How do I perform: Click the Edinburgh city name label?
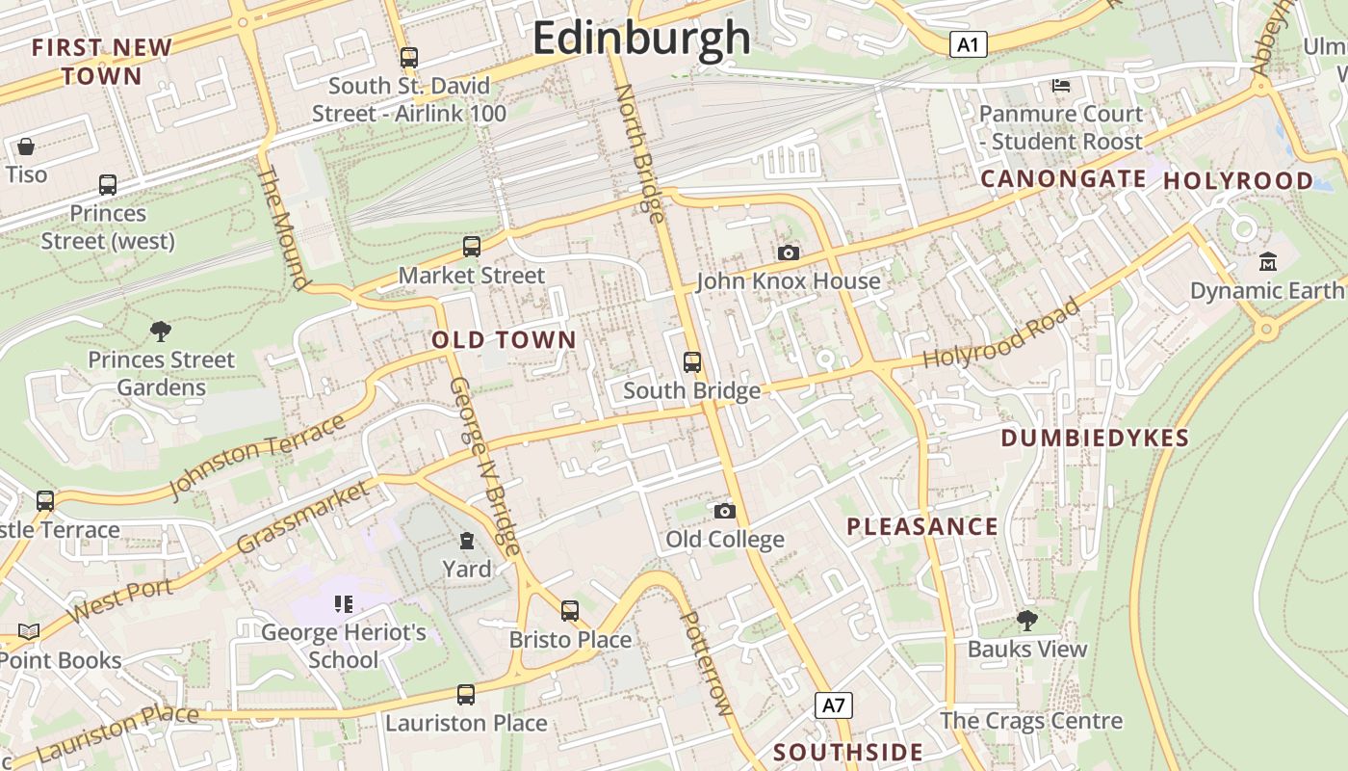pos(641,39)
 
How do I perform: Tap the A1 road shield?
pos(969,44)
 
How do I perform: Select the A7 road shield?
pos(834,705)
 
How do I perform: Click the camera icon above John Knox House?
pos(789,253)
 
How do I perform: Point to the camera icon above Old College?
pos(725,511)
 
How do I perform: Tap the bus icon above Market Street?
pos(472,247)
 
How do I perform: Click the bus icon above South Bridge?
pos(692,362)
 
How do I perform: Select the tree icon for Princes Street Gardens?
pos(161,332)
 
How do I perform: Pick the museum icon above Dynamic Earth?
pos(1268,261)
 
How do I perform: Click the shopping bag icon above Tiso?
pos(26,146)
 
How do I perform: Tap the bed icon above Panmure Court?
pos(1061,86)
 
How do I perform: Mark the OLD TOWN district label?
pos(504,340)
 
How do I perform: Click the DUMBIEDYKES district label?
pos(1095,439)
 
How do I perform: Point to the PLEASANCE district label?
pos(922,526)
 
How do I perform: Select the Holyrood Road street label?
pos(1001,334)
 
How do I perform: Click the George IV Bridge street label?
pos(485,466)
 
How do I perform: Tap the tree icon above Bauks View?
pos(1027,621)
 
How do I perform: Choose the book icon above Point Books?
pos(29,632)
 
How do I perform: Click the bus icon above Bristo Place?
pos(570,611)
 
